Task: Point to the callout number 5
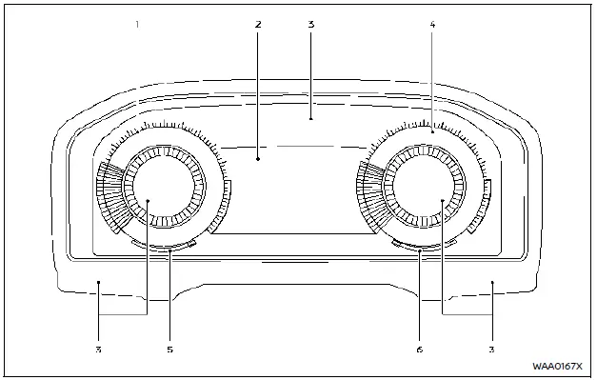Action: click(169, 350)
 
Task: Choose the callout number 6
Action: click(419, 350)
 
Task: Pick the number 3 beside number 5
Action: click(98, 350)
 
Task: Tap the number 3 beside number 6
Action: click(492, 350)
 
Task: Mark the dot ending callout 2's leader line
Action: click(258, 159)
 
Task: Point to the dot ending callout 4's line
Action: click(432, 132)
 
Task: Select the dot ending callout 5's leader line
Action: click(169, 250)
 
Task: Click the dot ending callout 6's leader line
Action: click(419, 250)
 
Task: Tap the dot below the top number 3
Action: click(311, 120)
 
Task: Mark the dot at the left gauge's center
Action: click(149, 200)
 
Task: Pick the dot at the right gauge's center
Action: click(444, 200)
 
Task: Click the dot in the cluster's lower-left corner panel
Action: click(98, 282)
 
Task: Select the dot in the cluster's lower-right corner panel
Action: click(492, 282)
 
